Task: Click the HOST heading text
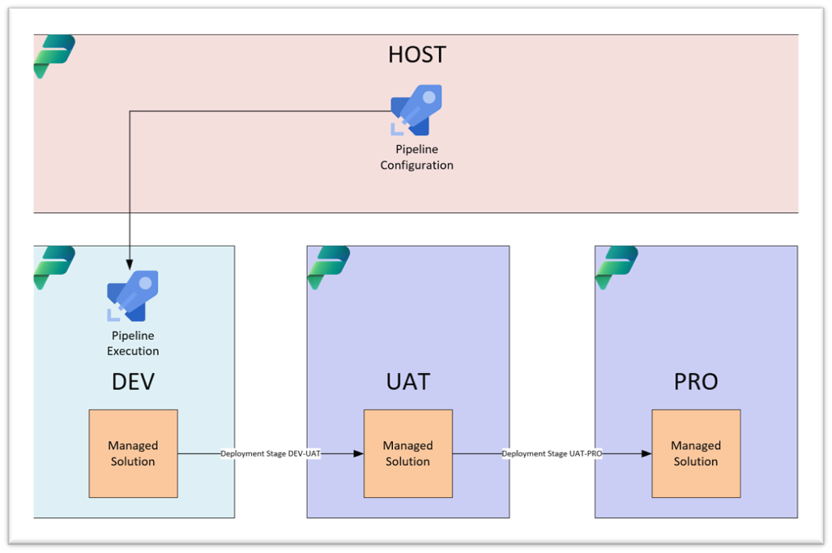pos(416,54)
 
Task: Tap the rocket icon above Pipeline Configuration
pos(416,110)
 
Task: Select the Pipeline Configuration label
pos(416,157)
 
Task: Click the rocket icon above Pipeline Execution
pos(133,296)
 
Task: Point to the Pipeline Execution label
pos(133,343)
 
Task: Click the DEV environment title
pos(133,381)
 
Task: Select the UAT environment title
pos(407,381)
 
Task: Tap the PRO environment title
pos(696,381)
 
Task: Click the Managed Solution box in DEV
pos(133,453)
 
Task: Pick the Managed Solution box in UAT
pos(407,453)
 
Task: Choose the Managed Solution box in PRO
pos(696,453)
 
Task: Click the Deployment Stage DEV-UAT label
pos(271,454)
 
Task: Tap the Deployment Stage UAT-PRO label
pos(552,454)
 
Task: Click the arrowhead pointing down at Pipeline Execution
pos(130,264)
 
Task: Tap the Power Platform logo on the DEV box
pos(54,268)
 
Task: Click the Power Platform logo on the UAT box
pos(329,268)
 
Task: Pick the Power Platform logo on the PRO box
pos(617,268)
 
